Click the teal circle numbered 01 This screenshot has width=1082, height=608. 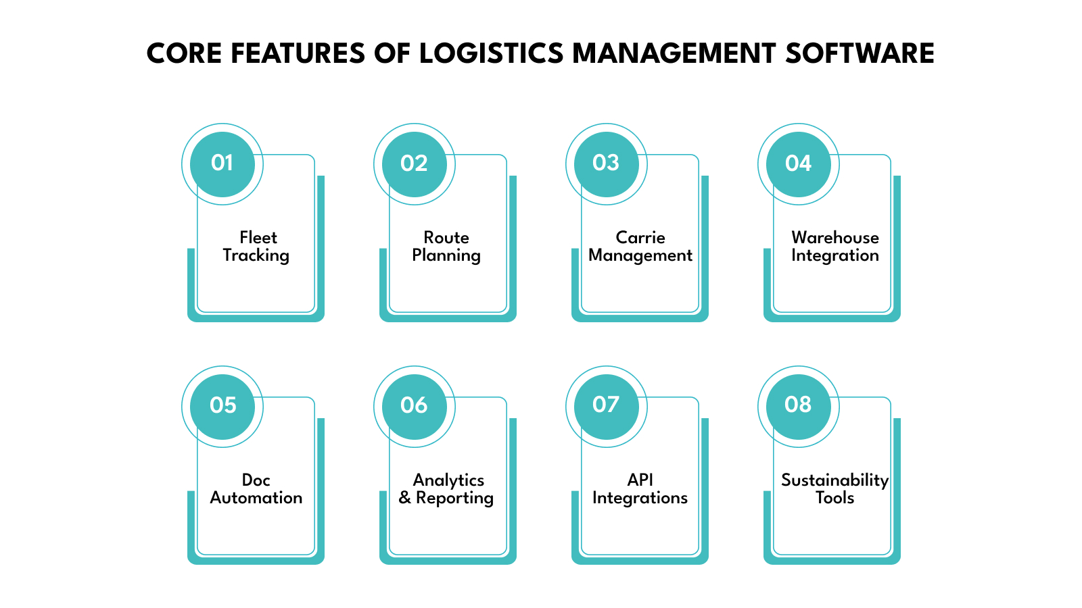coord(222,163)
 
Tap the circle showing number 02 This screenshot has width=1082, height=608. coord(414,163)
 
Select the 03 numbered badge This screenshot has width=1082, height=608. coord(606,163)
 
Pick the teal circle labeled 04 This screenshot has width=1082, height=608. coord(798,163)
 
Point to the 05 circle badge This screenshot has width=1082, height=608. coord(222,406)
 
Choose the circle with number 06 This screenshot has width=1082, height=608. coord(414,406)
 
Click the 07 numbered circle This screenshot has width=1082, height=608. coord(606,406)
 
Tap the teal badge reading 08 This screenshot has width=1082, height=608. coord(798,406)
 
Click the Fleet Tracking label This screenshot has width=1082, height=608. coord(256,247)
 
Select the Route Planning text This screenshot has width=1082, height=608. coord(446,247)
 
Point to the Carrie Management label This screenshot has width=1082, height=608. coord(640,247)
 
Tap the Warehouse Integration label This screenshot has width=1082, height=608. coord(835,247)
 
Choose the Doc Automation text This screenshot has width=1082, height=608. coord(256,489)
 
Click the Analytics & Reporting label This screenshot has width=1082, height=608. coord(446,489)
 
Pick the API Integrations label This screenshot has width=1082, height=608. coord(640,489)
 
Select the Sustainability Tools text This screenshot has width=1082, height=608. coord(834,489)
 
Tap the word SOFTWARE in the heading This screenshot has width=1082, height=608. coord(860,53)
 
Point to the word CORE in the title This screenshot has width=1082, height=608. coord(185,53)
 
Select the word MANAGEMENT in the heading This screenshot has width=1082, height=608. coord(674,53)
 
